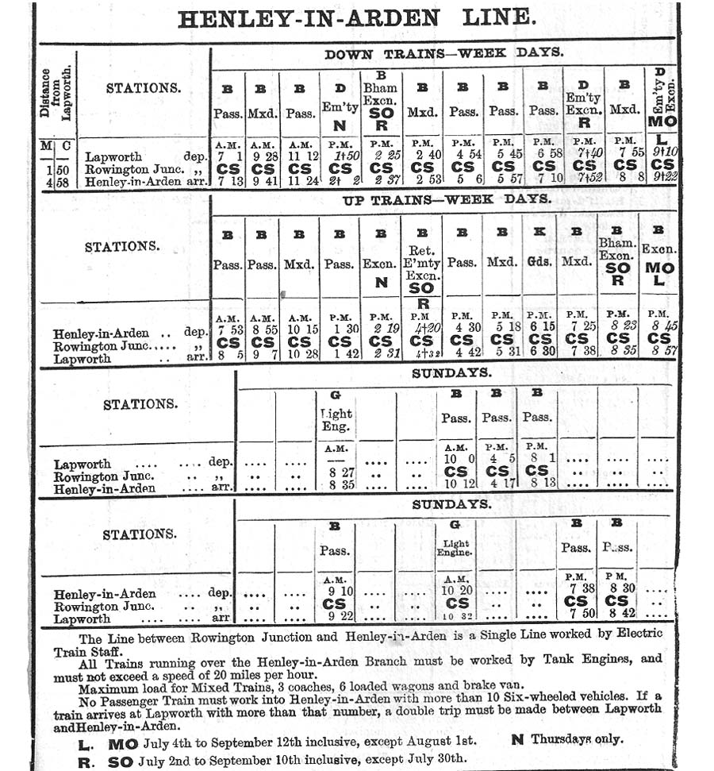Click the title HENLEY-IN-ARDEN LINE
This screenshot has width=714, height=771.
356,18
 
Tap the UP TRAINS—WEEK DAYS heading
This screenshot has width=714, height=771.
447,200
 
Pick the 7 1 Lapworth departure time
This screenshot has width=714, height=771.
227,156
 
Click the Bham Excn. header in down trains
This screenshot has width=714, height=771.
381,94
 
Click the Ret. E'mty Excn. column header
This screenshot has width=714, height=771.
421,263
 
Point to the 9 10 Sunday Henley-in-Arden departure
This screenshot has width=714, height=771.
336,591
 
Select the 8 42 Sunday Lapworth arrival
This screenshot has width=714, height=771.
618,614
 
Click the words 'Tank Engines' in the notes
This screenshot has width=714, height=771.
608,658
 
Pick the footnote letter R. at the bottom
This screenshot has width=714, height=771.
86,760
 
